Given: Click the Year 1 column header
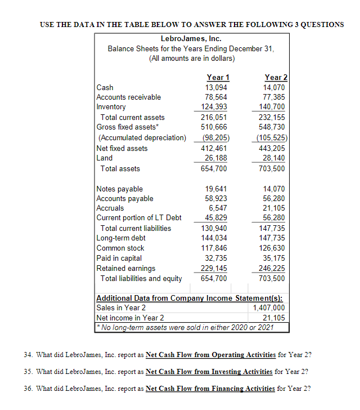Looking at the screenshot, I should coord(218,78).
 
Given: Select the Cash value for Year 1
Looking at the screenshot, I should coord(217,87).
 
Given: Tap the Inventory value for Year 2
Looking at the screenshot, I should coord(274,107).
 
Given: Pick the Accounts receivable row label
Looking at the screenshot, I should coord(129,97).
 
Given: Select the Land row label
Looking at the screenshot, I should coord(105,158).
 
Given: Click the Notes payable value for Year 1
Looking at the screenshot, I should coord(217,189).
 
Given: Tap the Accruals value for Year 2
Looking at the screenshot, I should coord(274,208).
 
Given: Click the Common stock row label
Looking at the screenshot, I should coord(120,248).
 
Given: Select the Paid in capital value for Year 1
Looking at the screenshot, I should coord(217,259).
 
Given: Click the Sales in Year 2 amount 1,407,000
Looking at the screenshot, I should coord(269,308).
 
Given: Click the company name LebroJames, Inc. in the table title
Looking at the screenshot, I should coord(191,39).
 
